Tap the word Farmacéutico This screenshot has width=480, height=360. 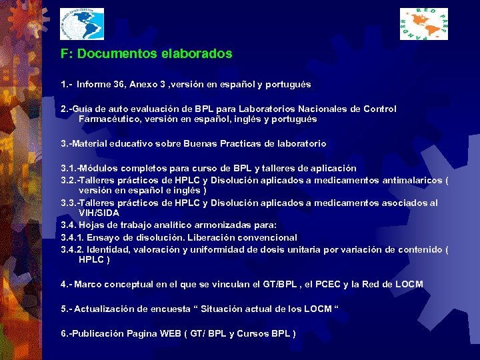[106, 119]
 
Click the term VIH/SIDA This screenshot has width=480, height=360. [99, 213]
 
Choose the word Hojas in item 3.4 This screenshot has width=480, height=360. [94, 225]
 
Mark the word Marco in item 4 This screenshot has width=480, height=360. [89, 285]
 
